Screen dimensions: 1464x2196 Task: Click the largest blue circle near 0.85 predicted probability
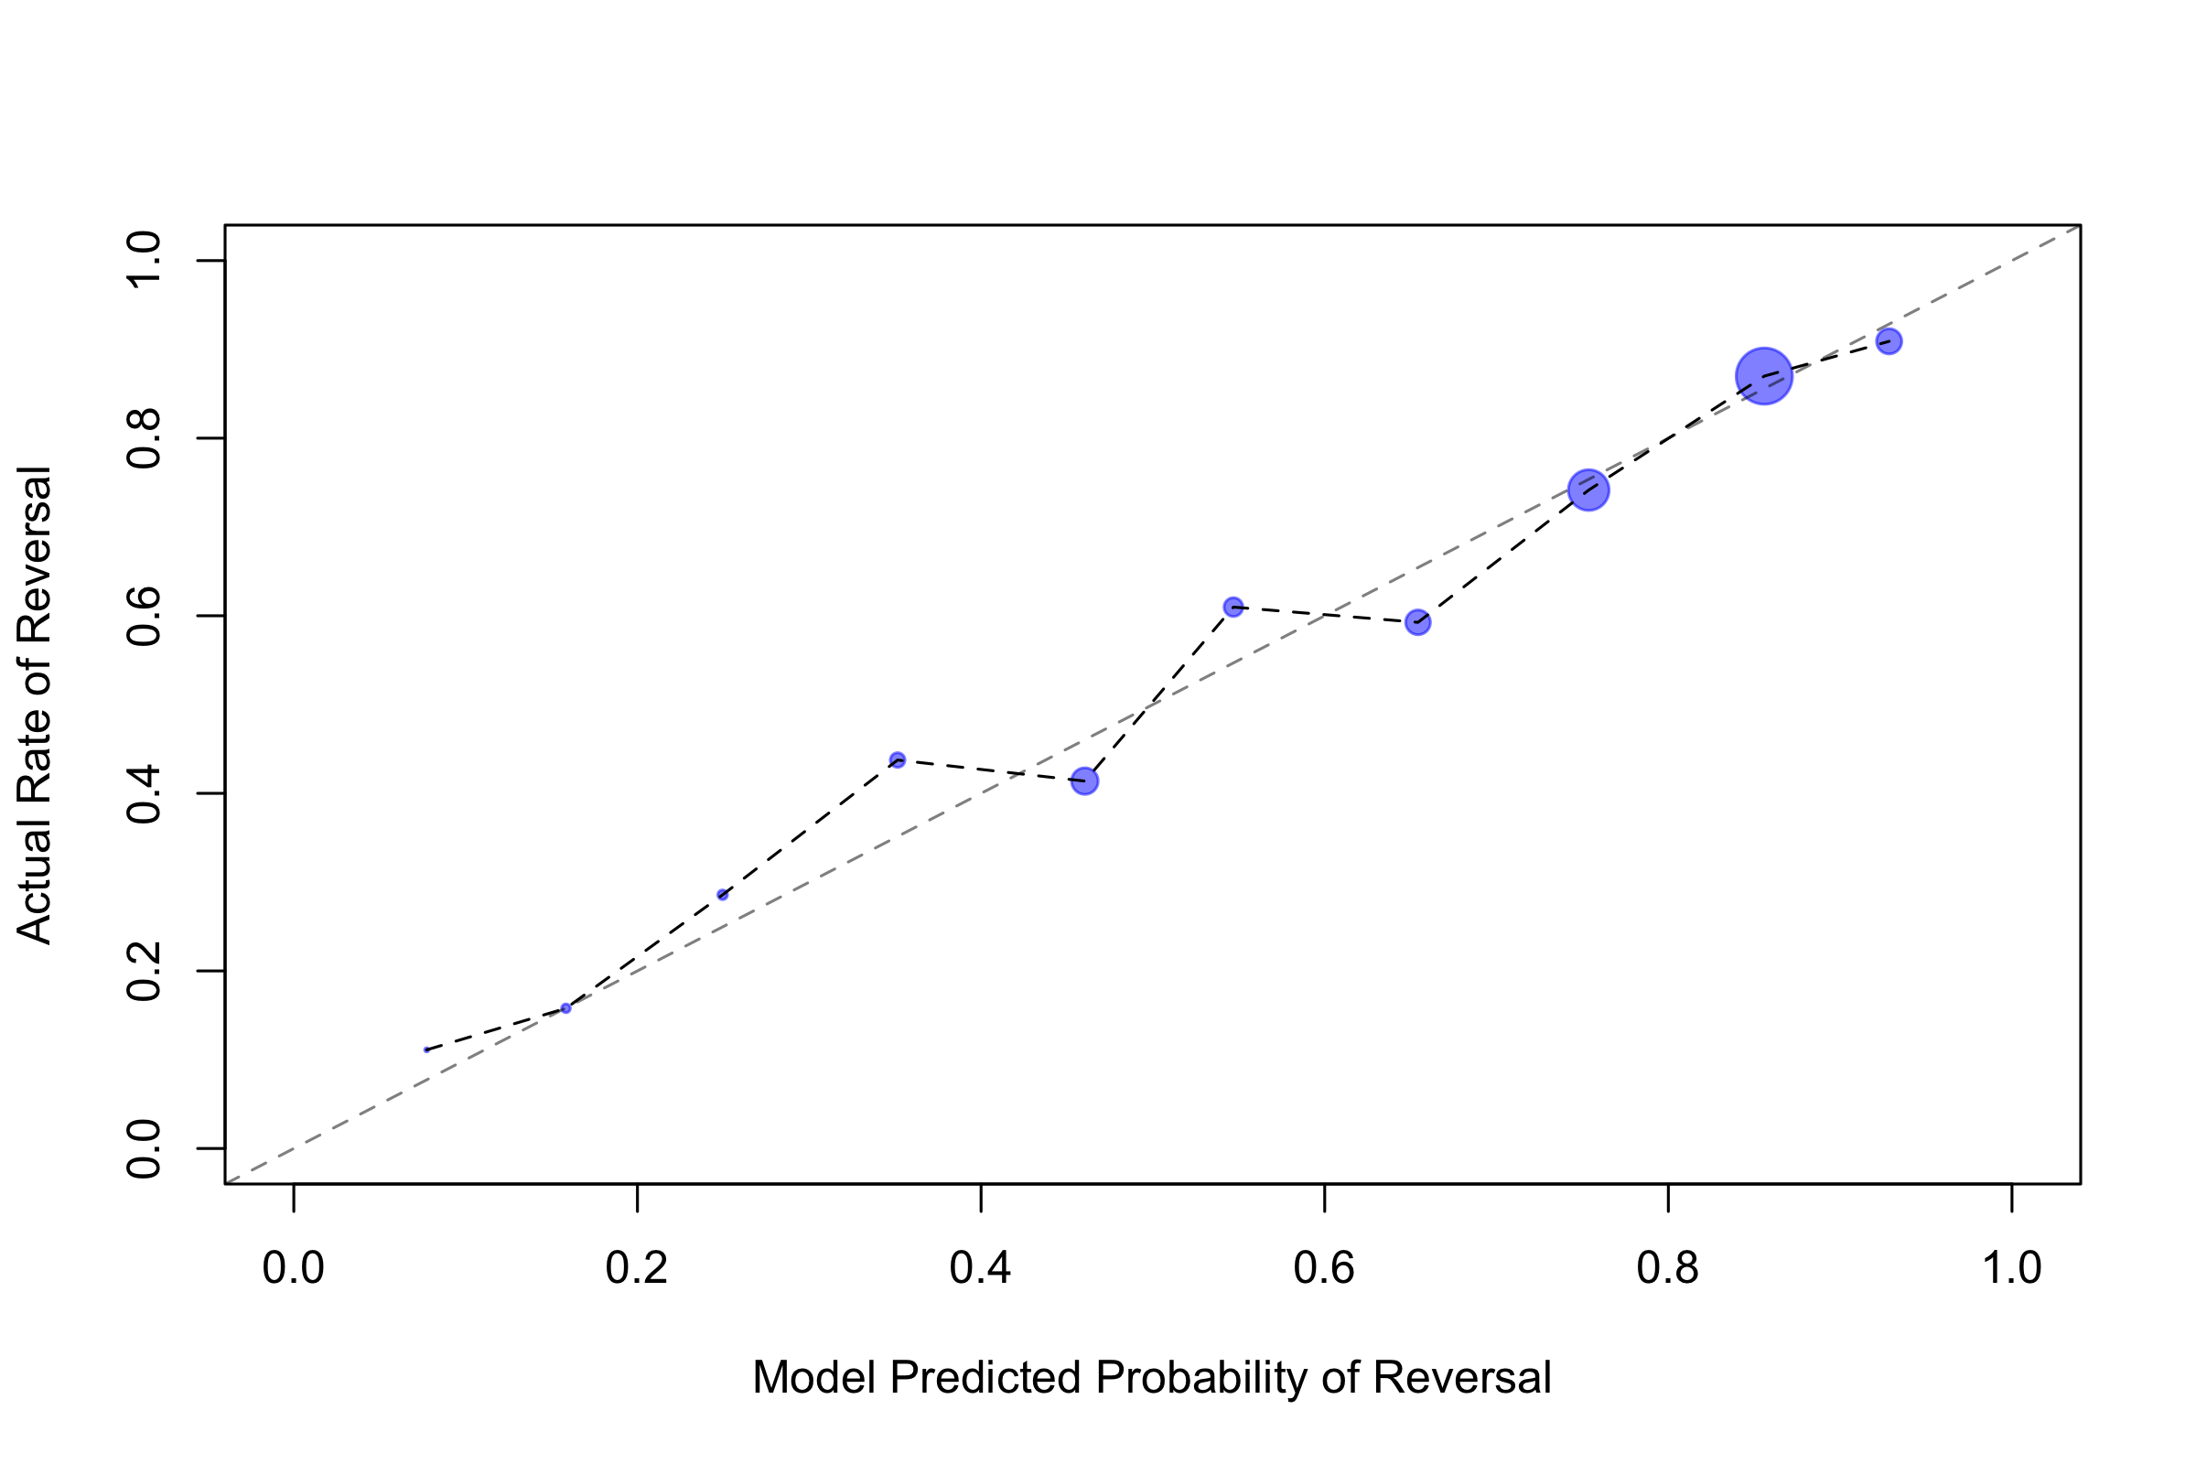[1764, 376]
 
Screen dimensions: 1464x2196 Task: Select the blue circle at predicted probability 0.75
[1588, 490]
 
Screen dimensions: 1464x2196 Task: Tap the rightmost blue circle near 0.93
[1889, 340]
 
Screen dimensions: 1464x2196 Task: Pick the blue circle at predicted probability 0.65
[1417, 623]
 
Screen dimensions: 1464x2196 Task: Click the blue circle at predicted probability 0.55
[1233, 607]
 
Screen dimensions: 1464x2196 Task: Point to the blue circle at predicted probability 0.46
[1084, 780]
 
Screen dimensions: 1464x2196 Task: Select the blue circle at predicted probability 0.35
[898, 760]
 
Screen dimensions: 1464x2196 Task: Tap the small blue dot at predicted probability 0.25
[722, 895]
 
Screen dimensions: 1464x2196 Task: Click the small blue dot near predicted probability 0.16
[565, 1008]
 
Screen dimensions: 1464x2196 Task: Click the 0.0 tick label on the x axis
[293, 1268]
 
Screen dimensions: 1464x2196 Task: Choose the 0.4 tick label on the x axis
[980, 1268]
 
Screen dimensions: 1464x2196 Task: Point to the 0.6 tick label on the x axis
[1324, 1268]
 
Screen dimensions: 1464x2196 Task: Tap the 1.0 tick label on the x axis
[2011, 1268]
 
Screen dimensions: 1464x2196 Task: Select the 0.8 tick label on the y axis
[145, 439]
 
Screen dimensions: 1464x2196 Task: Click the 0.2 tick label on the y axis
[145, 971]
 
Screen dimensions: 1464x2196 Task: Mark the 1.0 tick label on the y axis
[145, 262]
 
